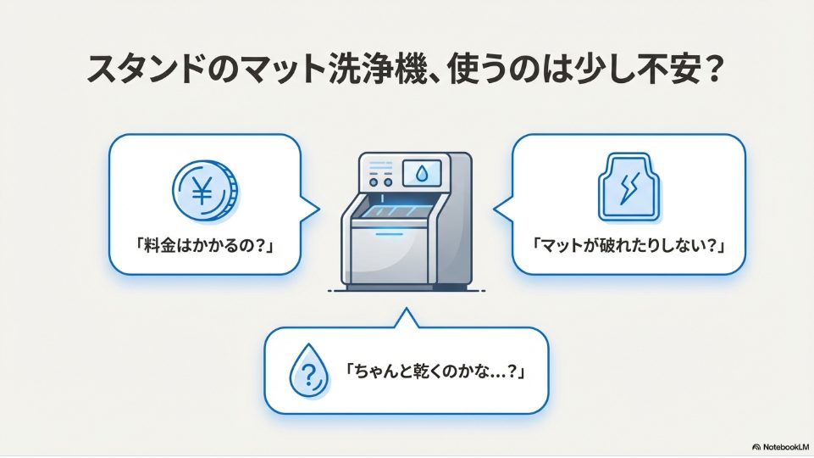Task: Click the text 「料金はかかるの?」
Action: coord(204,245)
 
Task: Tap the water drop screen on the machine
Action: coord(421,175)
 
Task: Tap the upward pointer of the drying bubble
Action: coord(407,318)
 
